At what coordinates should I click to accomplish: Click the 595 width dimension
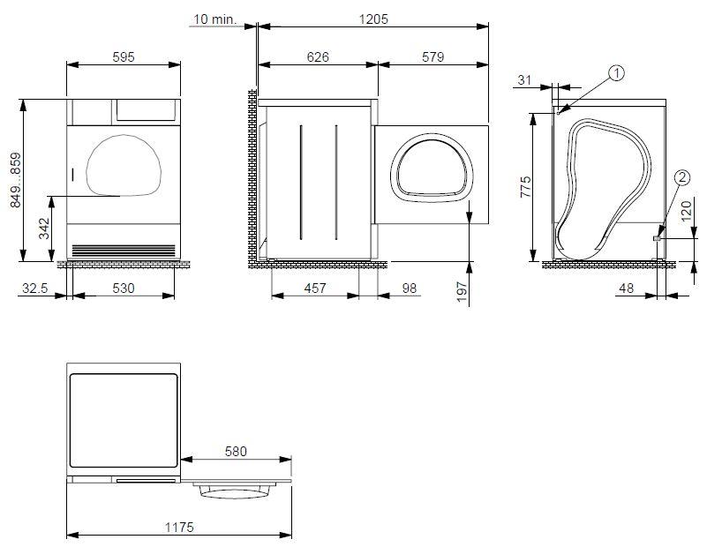coord(124,57)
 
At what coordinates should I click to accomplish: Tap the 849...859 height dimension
coord(16,180)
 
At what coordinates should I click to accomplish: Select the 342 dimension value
coord(44,229)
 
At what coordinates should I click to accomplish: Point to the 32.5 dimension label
coord(34,288)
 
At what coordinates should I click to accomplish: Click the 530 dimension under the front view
coord(123,288)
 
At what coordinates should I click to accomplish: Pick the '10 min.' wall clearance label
coord(214,19)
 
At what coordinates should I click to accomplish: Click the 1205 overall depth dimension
coord(373,19)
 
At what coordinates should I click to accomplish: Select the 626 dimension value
coord(318,56)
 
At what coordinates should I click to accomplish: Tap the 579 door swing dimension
coord(432,56)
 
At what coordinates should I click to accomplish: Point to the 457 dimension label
coord(315,288)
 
